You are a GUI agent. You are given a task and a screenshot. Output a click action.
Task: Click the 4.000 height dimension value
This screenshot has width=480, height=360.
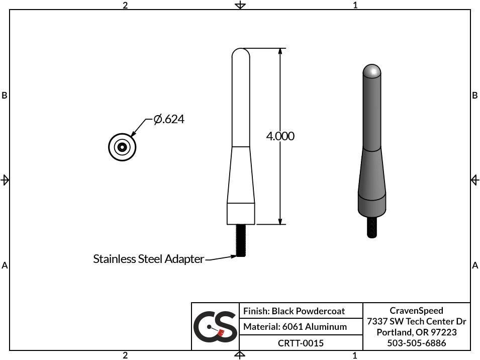pos(280,136)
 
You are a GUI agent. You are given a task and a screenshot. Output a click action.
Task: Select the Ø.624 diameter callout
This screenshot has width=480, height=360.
pos(169,119)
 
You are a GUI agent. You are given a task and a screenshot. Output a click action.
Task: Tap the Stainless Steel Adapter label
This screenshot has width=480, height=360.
pos(148,259)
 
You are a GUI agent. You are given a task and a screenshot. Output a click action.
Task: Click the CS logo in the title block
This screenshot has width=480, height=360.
pos(215,326)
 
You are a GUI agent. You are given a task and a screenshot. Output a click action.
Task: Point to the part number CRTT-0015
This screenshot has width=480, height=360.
pos(301,343)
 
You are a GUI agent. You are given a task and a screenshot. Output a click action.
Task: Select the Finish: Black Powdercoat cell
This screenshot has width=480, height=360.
pos(294,311)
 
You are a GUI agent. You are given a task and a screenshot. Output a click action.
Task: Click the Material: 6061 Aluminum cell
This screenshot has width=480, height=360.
pos(295,327)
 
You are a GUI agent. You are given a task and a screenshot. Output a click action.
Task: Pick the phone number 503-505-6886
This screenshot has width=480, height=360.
pos(416,343)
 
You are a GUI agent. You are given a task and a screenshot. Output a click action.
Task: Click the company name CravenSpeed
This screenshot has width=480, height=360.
pos(416,310)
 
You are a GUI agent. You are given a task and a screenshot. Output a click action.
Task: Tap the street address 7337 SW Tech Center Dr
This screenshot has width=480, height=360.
pos(416,321)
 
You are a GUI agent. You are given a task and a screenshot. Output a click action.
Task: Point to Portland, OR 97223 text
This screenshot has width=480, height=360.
pos(416,332)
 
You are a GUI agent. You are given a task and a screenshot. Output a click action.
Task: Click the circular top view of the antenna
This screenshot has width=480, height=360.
pos(122,147)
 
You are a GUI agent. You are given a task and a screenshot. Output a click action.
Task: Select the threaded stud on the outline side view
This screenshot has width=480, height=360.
pos(240,240)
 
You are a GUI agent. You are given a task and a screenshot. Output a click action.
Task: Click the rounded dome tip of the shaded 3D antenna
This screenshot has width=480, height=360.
pos(371,71)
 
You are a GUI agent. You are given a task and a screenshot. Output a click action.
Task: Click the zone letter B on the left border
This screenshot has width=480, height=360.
pos(5,96)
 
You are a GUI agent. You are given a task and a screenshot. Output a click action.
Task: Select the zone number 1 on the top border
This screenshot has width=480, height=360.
pos(355,5)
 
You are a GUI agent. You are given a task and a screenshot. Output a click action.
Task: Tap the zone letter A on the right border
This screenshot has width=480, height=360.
pos(475,265)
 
